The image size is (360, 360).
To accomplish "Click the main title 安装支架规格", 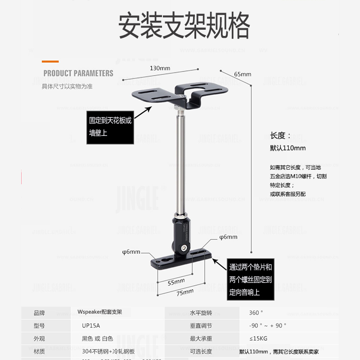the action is coord(184,26).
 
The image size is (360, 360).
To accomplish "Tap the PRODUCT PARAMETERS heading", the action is coord(78,73).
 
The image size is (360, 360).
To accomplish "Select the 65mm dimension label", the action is coord(243,74).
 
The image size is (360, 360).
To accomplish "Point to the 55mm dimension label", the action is coord(176,281).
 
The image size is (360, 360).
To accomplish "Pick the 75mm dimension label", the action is coord(185,292).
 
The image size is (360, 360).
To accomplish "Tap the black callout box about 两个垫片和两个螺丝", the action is coord(251,279).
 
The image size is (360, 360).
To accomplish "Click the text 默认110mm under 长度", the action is coord(288,148).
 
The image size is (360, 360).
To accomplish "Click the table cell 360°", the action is coord(256,313).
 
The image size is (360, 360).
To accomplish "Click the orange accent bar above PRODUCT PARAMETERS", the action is coord(50,61).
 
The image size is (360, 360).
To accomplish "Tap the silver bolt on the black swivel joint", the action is coord(184,247).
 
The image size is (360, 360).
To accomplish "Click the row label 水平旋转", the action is coord(201,313).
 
